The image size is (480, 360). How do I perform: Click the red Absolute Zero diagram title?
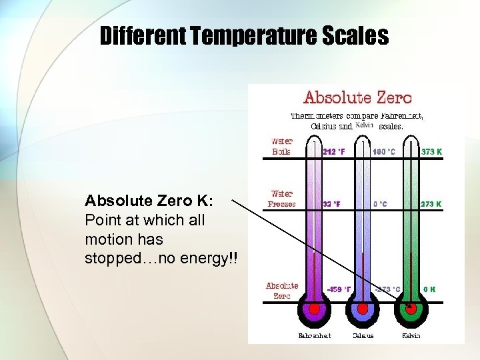[x=357, y=98]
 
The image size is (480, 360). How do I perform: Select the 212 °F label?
[x=334, y=151]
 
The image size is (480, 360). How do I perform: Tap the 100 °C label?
[x=384, y=151]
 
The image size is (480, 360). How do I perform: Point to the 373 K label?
[x=431, y=151]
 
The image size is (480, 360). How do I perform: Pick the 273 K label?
[x=431, y=204]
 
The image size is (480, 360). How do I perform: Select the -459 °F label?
[x=339, y=289]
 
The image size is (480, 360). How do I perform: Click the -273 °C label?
[x=387, y=289]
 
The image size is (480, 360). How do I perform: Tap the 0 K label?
[x=429, y=289]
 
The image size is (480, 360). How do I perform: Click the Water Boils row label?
[x=281, y=146]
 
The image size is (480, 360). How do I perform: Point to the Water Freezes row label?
[x=281, y=199]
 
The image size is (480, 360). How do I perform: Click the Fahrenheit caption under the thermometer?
[x=314, y=335]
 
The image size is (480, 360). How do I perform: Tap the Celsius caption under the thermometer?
[x=363, y=335]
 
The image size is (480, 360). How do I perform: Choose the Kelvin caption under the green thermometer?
[x=411, y=335]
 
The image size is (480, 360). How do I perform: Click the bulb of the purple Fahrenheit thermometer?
[x=313, y=309]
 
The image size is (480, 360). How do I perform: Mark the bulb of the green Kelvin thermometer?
[x=411, y=309]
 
